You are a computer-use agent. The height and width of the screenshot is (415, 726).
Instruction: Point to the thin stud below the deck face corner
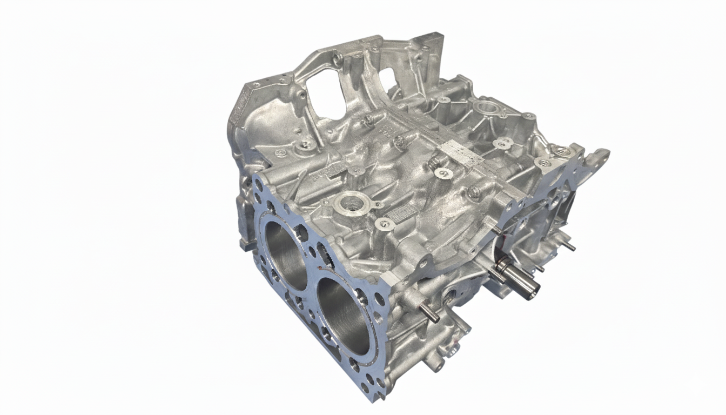(x=429, y=314)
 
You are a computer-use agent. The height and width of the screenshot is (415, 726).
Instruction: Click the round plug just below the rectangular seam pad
(x=442, y=172)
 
